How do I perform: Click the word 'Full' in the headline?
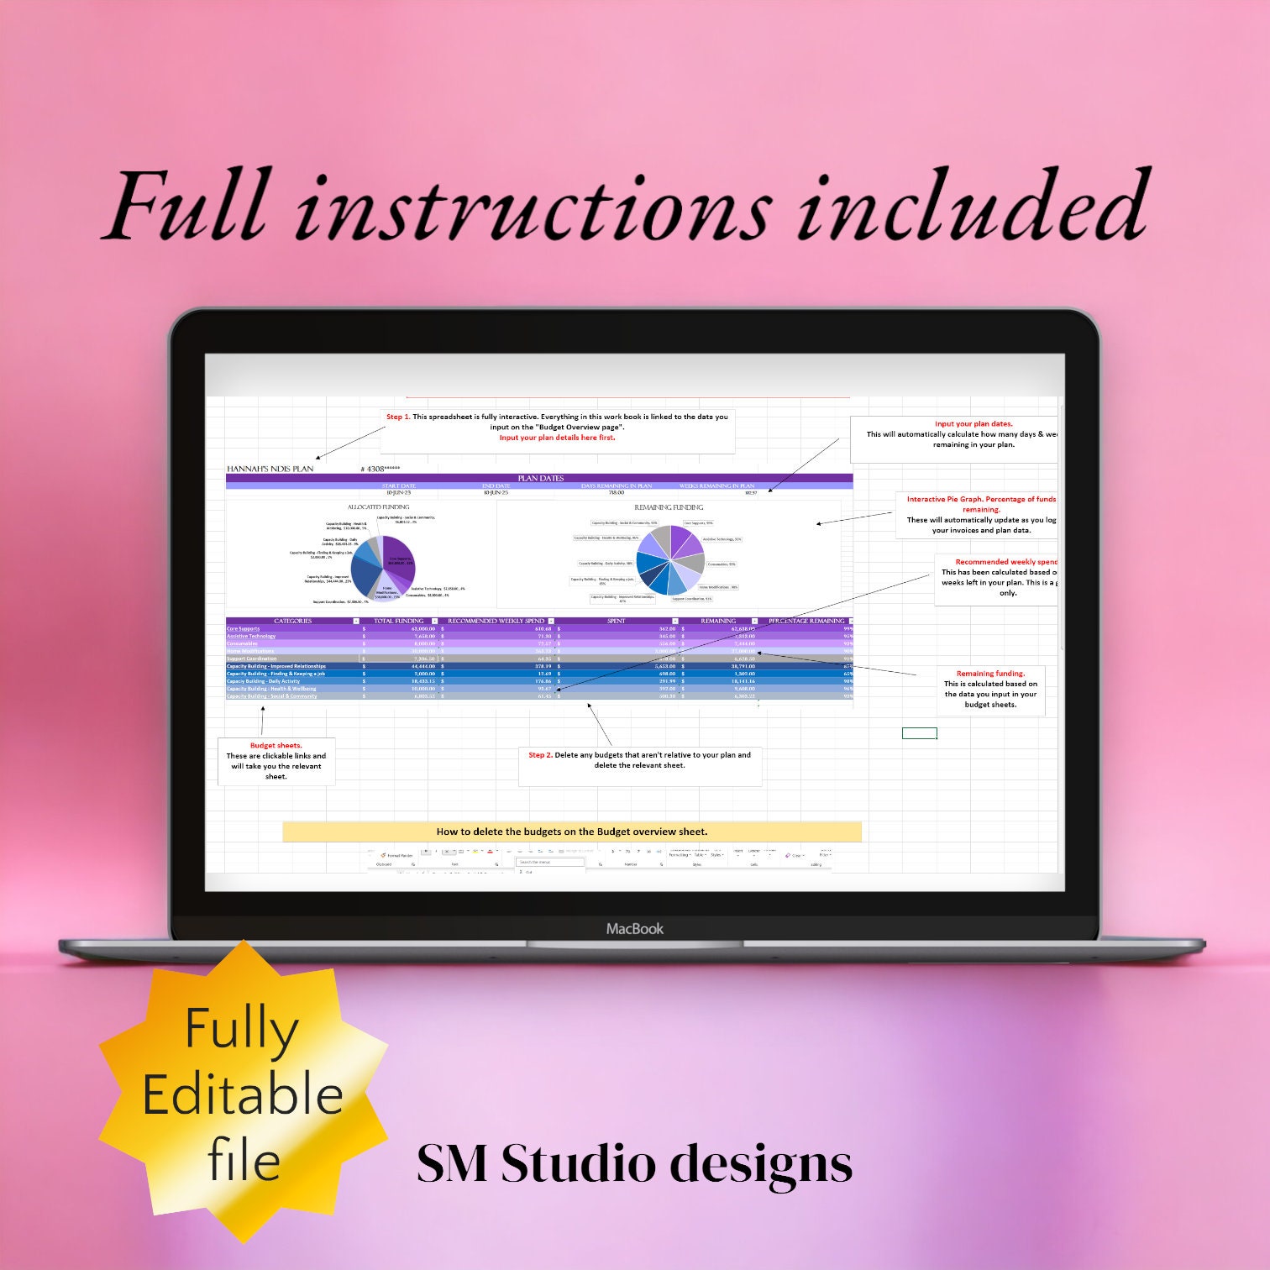pos(189,206)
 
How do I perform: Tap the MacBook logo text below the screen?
pos(635,928)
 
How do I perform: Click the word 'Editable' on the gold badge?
pos(243,1096)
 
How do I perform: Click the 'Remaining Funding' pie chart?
pos(669,559)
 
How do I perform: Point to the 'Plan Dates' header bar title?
pos(540,478)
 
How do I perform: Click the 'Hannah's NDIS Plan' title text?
pos(270,469)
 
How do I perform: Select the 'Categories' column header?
pos(292,621)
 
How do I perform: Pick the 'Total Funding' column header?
pos(398,621)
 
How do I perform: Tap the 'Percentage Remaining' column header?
pos(806,621)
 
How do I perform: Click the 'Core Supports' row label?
pos(244,628)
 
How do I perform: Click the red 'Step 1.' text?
pos(398,417)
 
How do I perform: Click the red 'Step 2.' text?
pos(540,755)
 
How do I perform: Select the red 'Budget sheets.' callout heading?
pos(276,745)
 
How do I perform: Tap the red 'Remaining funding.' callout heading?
pos(990,674)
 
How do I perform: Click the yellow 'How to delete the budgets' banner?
pos(572,832)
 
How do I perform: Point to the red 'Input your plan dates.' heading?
pos(973,424)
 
